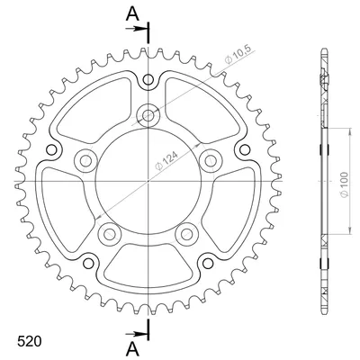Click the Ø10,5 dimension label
[239, 55]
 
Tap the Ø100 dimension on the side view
[345, 184]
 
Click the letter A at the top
[132, 13]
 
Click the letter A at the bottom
[132, 349]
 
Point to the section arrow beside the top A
[136, 29]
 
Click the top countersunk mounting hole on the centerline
[148, 114]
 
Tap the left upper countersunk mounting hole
[85, 160]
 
